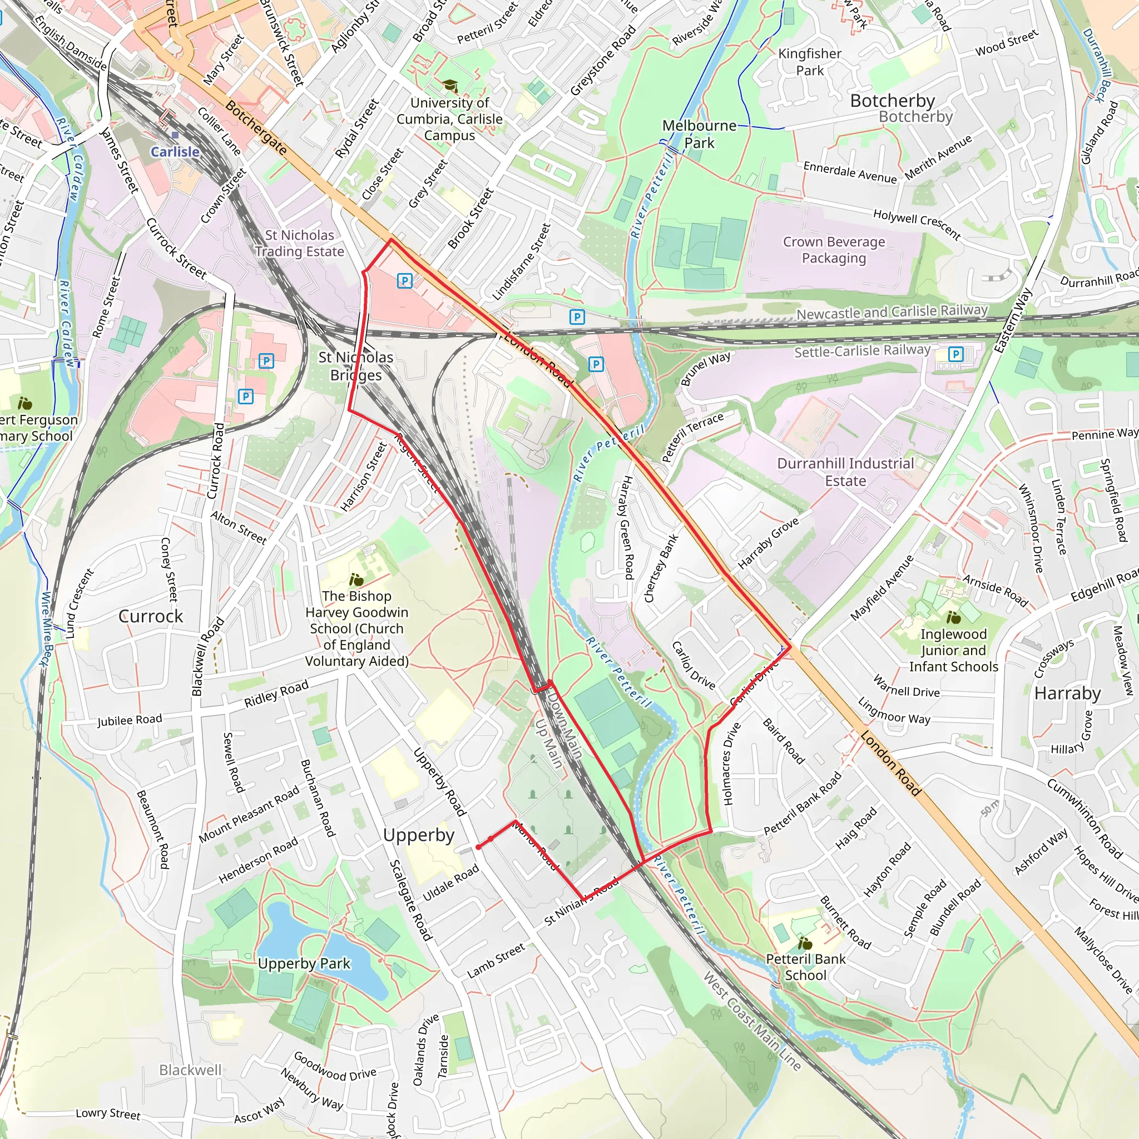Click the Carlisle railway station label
point(175,151)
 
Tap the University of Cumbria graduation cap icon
point(450,87)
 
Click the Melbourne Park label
point(699,135)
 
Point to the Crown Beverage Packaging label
point(834,250)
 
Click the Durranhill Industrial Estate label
point(845,472)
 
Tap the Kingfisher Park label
point(810,62)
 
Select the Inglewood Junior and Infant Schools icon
point(953,617)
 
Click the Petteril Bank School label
point(805,967)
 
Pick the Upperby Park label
point(304,963)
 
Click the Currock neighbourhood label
point(151,616)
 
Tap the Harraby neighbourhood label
point(1067,693)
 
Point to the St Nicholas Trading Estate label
point(300,243)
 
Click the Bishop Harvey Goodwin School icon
point(356,580)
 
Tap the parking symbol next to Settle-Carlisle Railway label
point(955,354)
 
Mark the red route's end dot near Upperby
point(478,847)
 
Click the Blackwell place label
point(190,1070)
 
